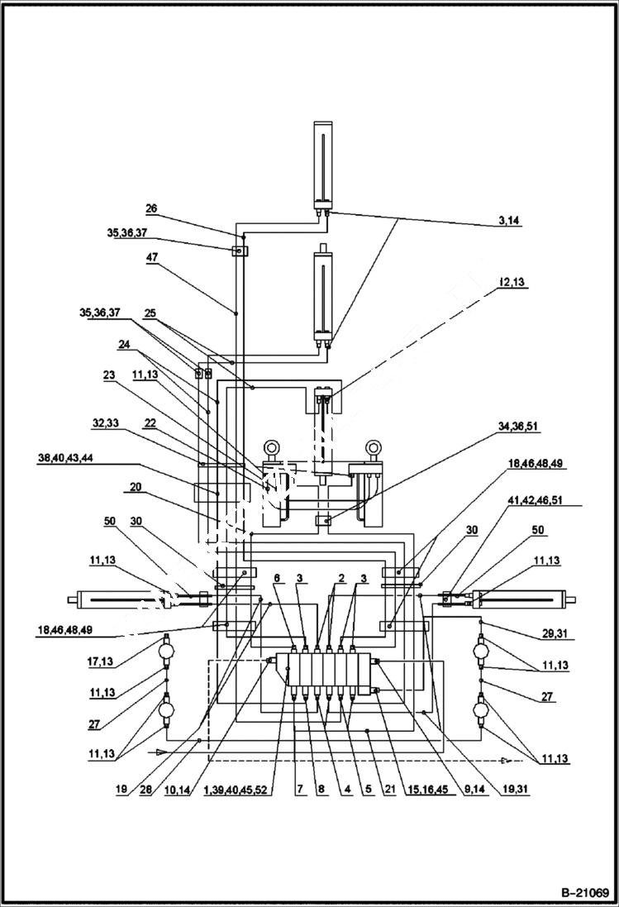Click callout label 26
click(151, 209)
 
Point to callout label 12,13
click(512, 282)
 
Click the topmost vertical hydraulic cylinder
click(321, 165)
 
